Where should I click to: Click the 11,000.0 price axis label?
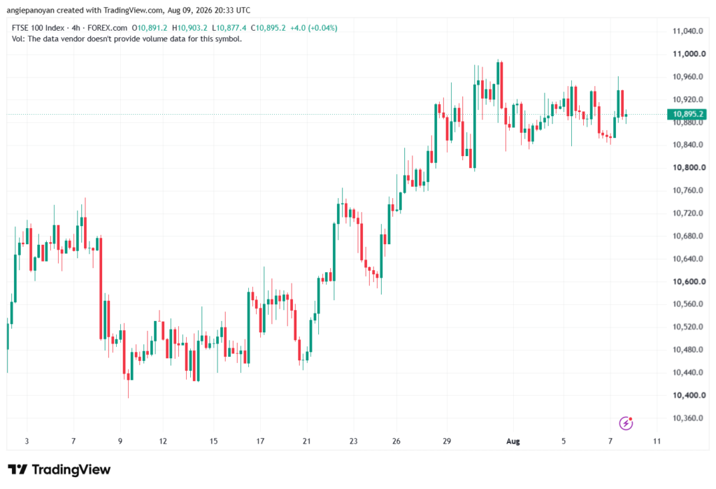[689, 54]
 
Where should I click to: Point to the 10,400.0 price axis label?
[689, 395]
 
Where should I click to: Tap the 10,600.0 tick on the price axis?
[689, 281]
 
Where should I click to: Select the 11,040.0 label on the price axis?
[688, 31]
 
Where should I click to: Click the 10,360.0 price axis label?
[688, 418]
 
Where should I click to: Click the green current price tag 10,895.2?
[687, 114]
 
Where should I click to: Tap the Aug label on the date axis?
[513, 441]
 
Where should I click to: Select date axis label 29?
[447, 441]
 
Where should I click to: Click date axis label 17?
[260, 441]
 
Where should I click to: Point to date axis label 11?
[657, 441]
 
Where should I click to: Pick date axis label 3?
[27, 441]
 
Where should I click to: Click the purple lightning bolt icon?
[626, 424]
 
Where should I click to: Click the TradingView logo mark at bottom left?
[17, 469]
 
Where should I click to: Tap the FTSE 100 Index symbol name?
[38, 28]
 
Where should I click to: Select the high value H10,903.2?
[189, 28]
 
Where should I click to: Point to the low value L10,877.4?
[229, 28]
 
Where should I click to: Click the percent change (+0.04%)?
[323, 28]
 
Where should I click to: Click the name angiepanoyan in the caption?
[31, 10]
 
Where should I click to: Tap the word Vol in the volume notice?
[17, 39]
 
